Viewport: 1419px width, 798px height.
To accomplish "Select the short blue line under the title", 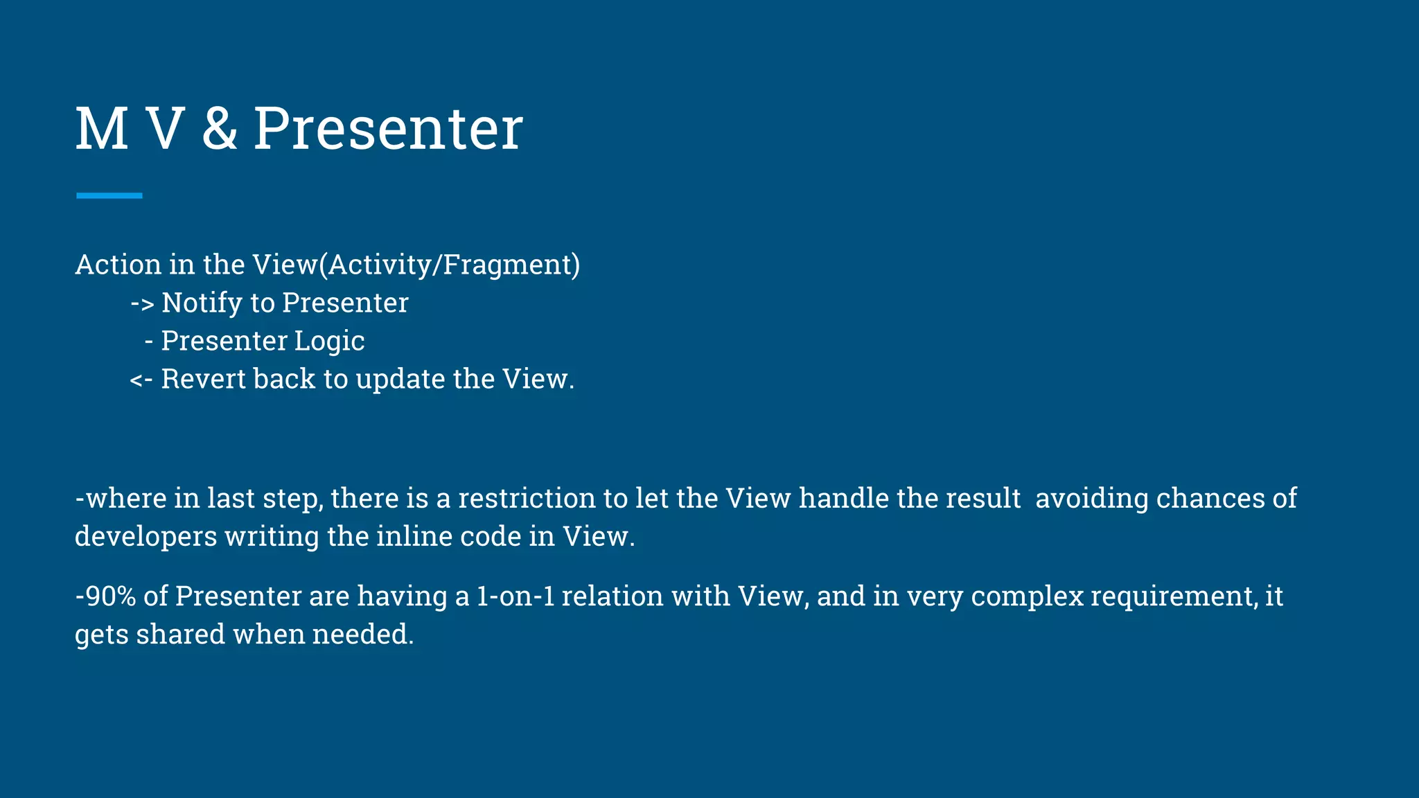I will click(109, 196).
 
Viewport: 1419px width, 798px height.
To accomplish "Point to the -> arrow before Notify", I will click(142, 303).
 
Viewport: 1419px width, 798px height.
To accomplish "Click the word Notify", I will click(202, 303).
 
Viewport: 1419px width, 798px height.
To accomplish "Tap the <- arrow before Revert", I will click(141, 380).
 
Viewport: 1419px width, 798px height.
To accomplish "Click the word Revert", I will click(203, 379).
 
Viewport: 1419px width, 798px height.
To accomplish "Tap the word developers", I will click(146, 537).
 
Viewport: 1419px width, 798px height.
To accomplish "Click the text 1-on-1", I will click(515, 596).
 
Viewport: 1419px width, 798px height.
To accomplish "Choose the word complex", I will click(1027, 596).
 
